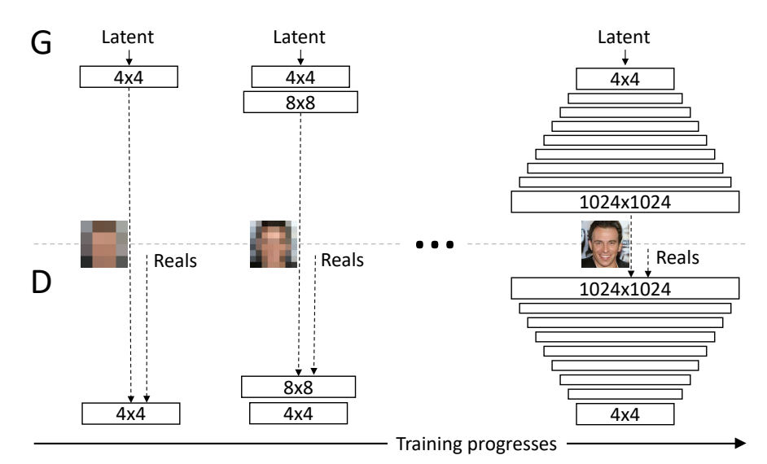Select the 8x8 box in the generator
click(300, 102)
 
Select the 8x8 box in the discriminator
click(300, 386)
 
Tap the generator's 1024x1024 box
click(625, 202)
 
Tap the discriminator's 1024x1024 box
click(625, 288)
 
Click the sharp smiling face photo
click(605, 244)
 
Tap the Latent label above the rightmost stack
click(625, 37)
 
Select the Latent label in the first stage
click(129, 37)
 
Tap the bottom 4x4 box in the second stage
click(300, 413)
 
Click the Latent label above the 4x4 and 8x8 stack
click(300, 37)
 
